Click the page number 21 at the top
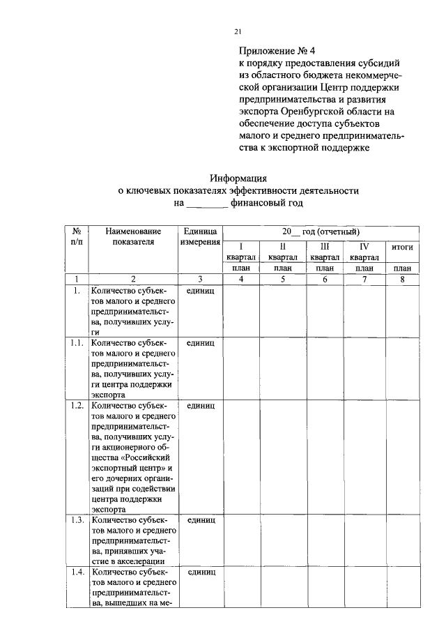pyautogui.click(x=238, y=31)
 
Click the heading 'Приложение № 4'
pyautogui.click(x=277, y=51)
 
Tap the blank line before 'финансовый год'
pyautogui.click(x=207, y=204)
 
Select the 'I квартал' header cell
pyautogui.click(x=241, y=252)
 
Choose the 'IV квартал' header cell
pyautogui.click(x=364, y=252)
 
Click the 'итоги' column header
pyautogui.click(x=402, y=247)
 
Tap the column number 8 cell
pyautogui.click(x=402, y=280)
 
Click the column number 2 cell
pyautogui.click(x=133, y=280)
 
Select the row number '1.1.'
pyautogui.click(x=77, y=344)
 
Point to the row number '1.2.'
pyautogui.click(x=77, y=405)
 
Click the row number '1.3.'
pyautogui.click(x=77, y=519)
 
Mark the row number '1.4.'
pyautogui.click(x=77, y=572)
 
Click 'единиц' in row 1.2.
pyautogui.click(x=200, y=405)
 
